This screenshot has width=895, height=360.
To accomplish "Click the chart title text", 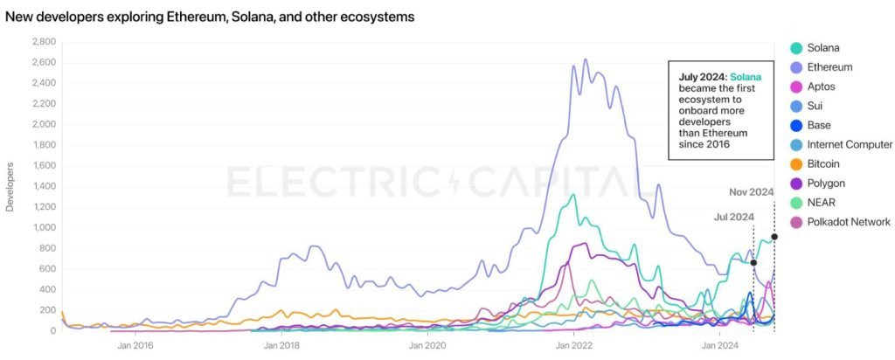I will [210, 17].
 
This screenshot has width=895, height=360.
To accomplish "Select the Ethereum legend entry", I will [829, 66].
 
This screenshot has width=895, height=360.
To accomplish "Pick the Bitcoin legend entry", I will [824, 163].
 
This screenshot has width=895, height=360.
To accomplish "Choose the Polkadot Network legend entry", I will [849, 222].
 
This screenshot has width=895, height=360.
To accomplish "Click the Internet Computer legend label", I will [850, 144].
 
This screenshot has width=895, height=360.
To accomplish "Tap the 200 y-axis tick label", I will [47, 310].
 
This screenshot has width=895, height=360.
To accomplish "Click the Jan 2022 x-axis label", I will [573, 346].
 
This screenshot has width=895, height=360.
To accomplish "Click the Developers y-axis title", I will [10, 187].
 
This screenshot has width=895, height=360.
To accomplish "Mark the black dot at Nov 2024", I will [774, 237].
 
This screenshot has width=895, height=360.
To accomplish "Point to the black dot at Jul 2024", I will [753, 262].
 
